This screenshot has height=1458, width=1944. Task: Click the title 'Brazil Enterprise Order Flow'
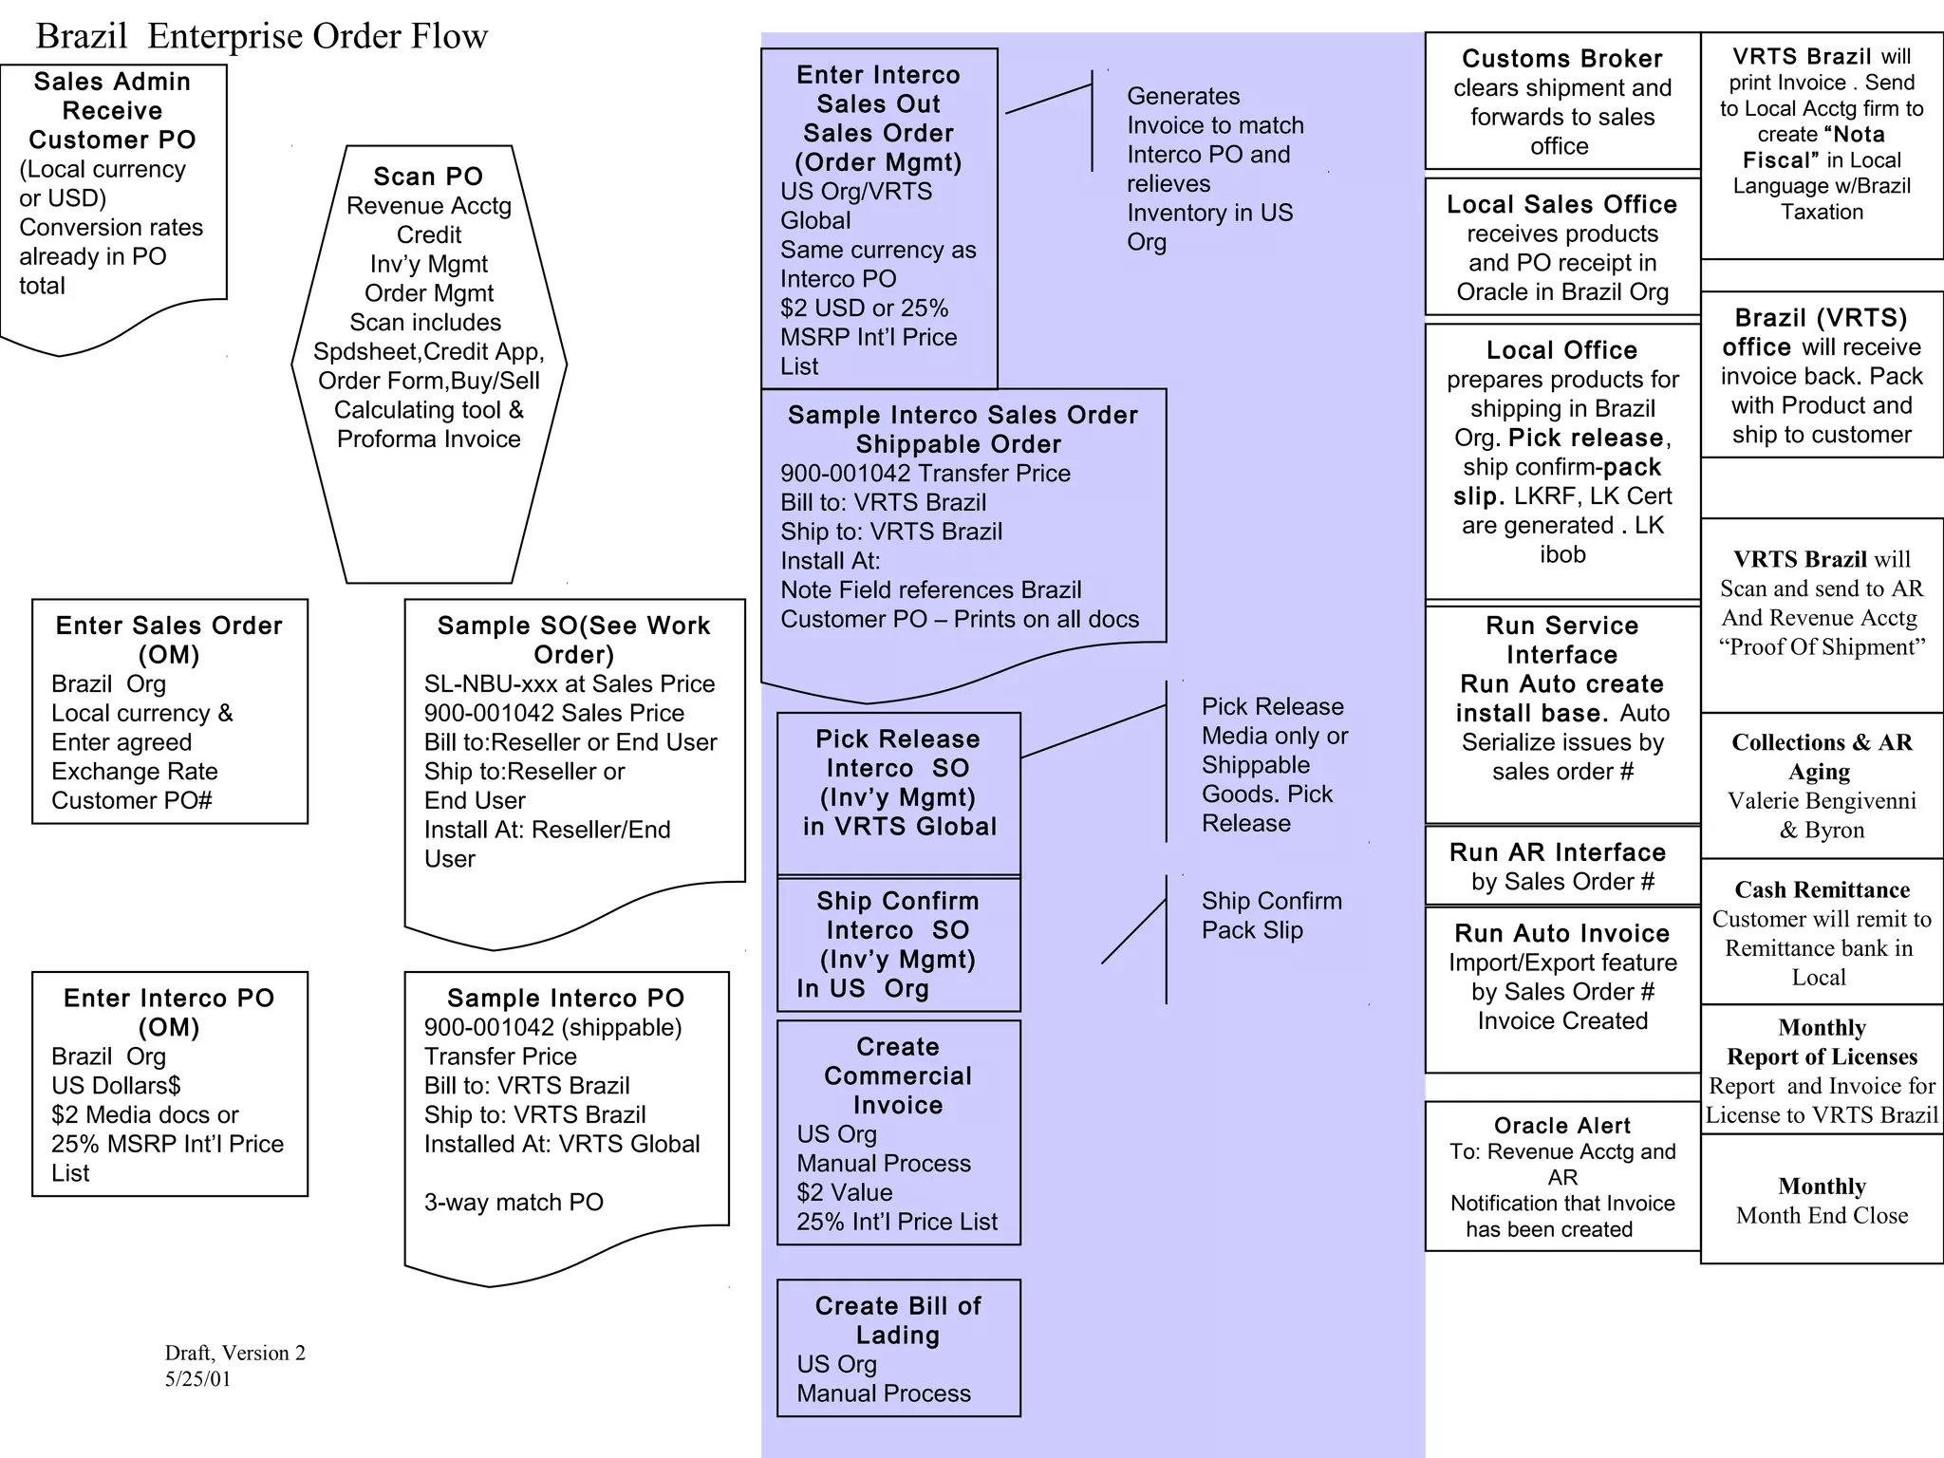pyautogui.click(x=261, y=36)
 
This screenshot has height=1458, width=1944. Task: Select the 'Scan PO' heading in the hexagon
pyautogui.click(x=428, y=177)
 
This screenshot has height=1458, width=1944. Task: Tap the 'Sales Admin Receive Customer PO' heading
pyautogui.click(x=112, y=110)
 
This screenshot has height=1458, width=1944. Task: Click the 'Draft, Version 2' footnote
pyautogui.click(x=234, y=1353)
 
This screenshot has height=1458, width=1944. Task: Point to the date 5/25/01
pyautogui.click(x=197, y=1379)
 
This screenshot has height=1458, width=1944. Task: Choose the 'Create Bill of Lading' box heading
pyautogui.click(x=898, y=1320)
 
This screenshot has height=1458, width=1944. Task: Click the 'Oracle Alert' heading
pyautogui.click(x=1561, y=1126)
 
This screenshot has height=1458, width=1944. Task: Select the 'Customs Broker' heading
pyautogui.click(x=1561, y=59)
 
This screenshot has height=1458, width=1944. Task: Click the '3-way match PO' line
pyautogui.click(x=514, y=1203)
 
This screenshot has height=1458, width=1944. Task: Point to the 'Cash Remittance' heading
pyautogui.click(x=1822, y=889)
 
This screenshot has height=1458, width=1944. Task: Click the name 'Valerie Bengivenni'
pyautogui.click(x=1822, y=801)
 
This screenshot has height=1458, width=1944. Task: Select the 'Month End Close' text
pyautogui.click(x=1822, y=1216)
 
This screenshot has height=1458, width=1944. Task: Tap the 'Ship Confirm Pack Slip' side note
pyautogui.click(x=1271, y=915)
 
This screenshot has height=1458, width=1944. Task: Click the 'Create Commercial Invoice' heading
pyautogui.click(x=898, y=1075)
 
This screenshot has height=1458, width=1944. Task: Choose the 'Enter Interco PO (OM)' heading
pyautogui.click(x=169, y=1012)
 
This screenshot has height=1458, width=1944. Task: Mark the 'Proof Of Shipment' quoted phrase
pyautogui.click(x=1822, y=647)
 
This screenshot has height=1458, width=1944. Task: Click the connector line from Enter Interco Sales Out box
pyautogui.click(x=1048, y=99)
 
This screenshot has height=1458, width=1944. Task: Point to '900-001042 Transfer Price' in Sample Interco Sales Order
pyautogui.click(x=925, y=474)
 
